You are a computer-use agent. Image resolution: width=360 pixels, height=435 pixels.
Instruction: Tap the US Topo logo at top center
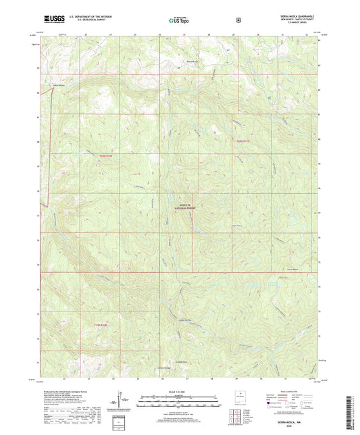click(179, 20)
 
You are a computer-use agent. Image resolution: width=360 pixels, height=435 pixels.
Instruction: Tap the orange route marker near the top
click(179, 68)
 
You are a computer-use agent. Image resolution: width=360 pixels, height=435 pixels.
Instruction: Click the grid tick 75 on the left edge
click(38, 215)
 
